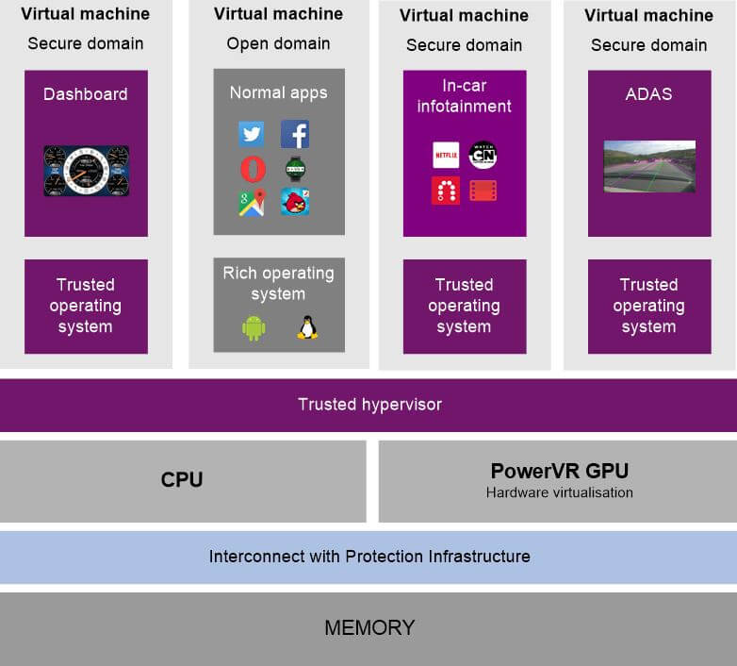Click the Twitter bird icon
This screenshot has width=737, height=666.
(x=252, y=134)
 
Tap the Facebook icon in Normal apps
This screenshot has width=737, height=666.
(x=295, y=134)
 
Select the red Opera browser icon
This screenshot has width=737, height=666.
(x=252, y=169)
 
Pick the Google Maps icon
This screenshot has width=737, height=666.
(x=252, y=202)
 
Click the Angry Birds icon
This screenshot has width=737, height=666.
(x=295, y=202)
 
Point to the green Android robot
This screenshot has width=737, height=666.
(x=254, y=327)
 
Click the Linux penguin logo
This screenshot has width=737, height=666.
(x=306, y=327)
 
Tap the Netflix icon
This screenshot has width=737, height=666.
(x=446, y=155)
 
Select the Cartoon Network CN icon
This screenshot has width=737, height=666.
(x=483, y=155)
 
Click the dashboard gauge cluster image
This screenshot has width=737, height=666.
(x=86, y=171)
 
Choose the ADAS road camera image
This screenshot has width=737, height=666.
(x=649, y=166)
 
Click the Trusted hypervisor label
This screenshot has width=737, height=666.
(x=369, y=405)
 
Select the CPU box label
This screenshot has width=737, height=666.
(x=182, y=479)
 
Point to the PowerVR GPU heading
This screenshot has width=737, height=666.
(x=559, y=471)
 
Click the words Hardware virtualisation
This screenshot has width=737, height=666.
(x=559, y=492)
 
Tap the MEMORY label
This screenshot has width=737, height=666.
(x=369, y=627)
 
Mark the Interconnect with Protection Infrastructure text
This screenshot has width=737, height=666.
(x=369, y=557)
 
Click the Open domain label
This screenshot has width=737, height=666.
(x=278, y=44)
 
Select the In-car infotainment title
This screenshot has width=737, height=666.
(x=465, y=95)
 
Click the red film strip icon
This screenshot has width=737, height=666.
(x=483, y=191)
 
